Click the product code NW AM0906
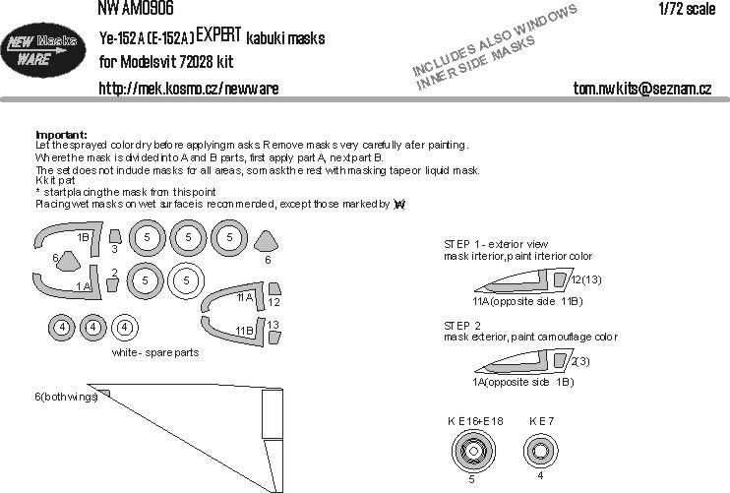pos(136,9)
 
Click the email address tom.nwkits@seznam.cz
pos(641,88)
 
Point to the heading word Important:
pos(61,134)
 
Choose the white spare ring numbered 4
pos(124,327)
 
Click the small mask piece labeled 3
pos(114,236)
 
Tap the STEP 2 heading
pos(465,325)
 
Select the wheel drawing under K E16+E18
pos(471,456)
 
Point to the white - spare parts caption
pos(155,352)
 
